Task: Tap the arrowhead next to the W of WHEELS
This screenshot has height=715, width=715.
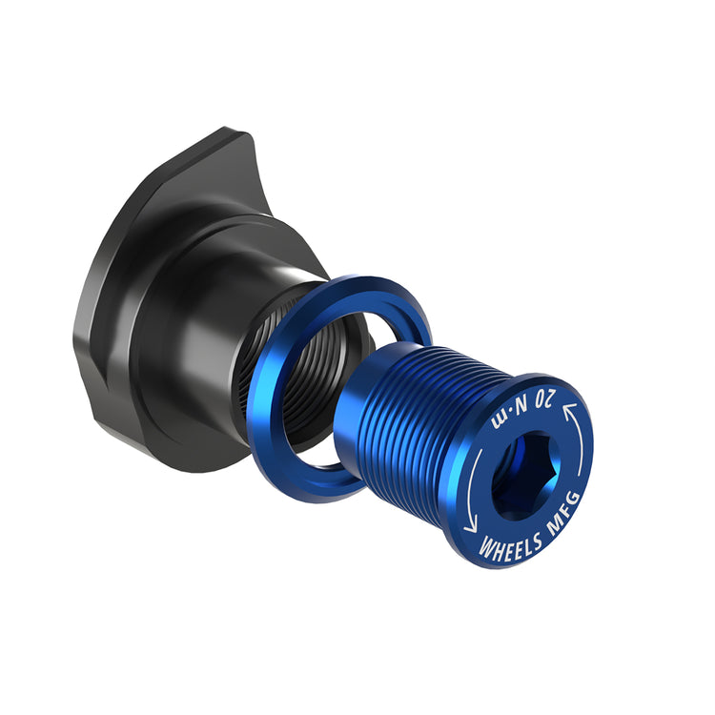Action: (470, 526)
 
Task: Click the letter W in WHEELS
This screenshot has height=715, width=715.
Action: (485, 551)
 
